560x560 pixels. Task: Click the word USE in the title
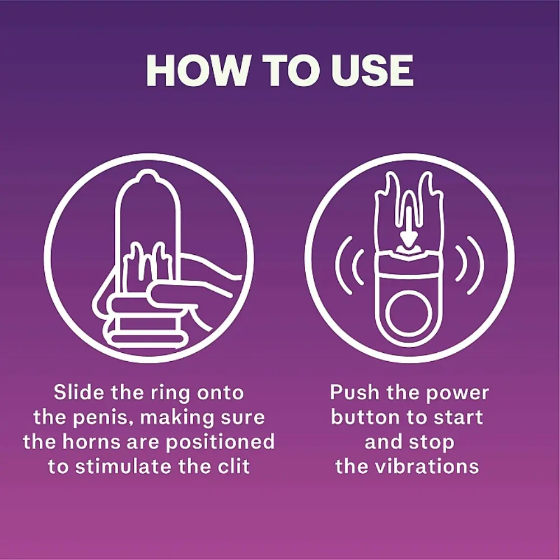click(372, 71)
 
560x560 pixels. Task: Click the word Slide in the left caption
click(80, 392)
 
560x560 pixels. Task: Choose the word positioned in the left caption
click(220, 442)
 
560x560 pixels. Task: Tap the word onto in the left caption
click(220, 393)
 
